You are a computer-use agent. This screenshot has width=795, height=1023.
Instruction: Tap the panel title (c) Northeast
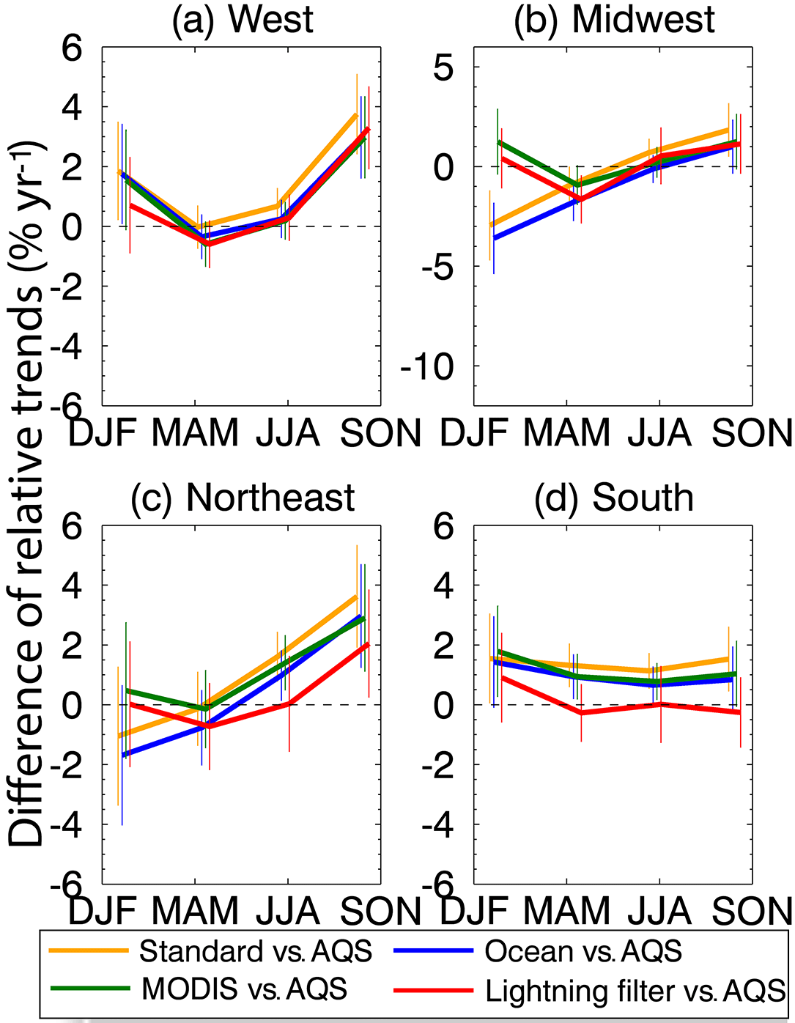(242, 498)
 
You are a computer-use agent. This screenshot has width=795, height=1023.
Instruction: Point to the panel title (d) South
(614, 498)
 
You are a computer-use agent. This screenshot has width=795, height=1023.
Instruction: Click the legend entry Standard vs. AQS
(256, 951)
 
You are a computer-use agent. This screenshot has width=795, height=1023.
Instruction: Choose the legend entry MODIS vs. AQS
(244, 989)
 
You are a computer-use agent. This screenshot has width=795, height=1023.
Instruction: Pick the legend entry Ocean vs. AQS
(583, 951)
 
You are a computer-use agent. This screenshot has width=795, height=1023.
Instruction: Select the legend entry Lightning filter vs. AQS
(635, 991)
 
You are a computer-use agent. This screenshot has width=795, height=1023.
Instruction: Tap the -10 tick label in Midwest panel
(427, 366)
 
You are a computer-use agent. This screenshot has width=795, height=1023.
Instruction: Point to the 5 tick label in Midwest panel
(443, 68)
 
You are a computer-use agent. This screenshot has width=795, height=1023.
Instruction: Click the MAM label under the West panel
(195, 433)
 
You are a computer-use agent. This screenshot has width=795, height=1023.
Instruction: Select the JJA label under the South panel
(659, 911)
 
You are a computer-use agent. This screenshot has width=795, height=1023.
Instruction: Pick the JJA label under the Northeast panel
(288, 911)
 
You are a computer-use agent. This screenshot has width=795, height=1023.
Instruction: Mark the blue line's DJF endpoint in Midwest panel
(495, 238)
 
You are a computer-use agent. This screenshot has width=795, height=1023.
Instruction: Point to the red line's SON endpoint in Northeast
(369, 644)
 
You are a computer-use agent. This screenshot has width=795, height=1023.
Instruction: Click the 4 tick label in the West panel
(72, 108)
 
